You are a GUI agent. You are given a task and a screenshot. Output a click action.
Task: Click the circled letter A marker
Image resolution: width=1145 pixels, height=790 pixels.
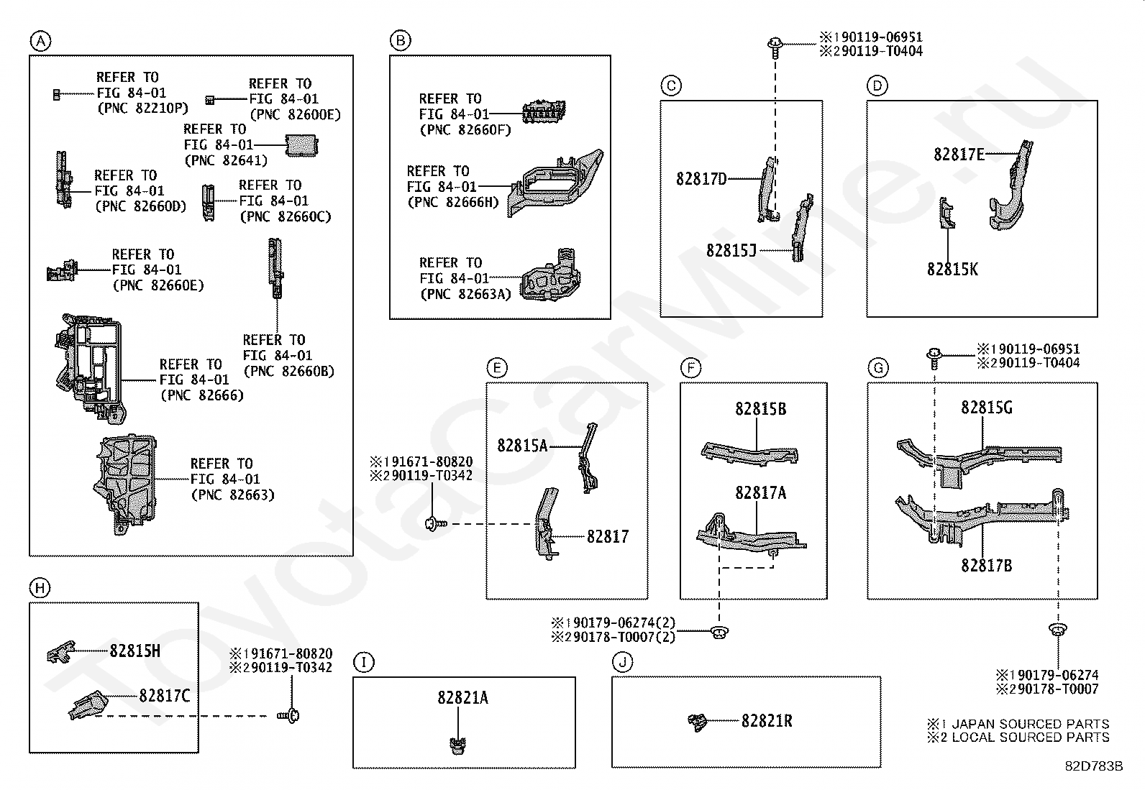point(40,41)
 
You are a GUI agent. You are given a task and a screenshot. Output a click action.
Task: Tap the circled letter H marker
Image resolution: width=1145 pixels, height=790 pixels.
point(40,588)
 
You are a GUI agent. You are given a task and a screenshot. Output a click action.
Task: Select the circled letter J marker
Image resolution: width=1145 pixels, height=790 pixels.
point(622,663)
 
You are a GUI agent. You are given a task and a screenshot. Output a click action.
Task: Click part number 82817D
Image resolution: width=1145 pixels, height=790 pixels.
point(701,179)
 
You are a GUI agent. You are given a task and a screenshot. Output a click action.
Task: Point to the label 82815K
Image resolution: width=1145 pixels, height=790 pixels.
point(952,270)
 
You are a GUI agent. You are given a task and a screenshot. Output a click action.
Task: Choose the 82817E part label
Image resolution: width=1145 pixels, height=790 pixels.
point(959,155)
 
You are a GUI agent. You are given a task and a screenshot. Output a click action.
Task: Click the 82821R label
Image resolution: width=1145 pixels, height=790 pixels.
point(767,721)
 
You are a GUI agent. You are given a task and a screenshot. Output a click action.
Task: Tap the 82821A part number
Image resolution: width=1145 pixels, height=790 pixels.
point(462,697)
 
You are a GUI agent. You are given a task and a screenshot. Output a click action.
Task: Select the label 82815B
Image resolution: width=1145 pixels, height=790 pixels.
point(761,409)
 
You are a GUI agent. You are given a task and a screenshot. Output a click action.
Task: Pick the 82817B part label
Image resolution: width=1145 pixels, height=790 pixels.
point(987,566)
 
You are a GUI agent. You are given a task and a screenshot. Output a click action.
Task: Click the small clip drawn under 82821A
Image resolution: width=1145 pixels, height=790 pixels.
point(458,745)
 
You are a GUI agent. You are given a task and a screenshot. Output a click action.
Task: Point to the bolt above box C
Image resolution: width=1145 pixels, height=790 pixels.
point(775,47)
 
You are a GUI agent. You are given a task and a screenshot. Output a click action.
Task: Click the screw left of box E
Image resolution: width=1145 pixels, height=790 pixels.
point(436,524)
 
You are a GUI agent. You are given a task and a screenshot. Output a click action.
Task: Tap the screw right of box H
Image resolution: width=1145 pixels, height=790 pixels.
point(289,716)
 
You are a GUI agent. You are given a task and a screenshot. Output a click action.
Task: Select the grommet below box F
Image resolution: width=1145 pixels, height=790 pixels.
point(720,633)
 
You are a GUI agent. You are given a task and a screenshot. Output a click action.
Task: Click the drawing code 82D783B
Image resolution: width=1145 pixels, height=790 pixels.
point(1094,766)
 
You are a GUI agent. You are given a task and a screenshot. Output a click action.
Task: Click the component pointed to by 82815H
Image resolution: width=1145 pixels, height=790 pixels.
point(61,652)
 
